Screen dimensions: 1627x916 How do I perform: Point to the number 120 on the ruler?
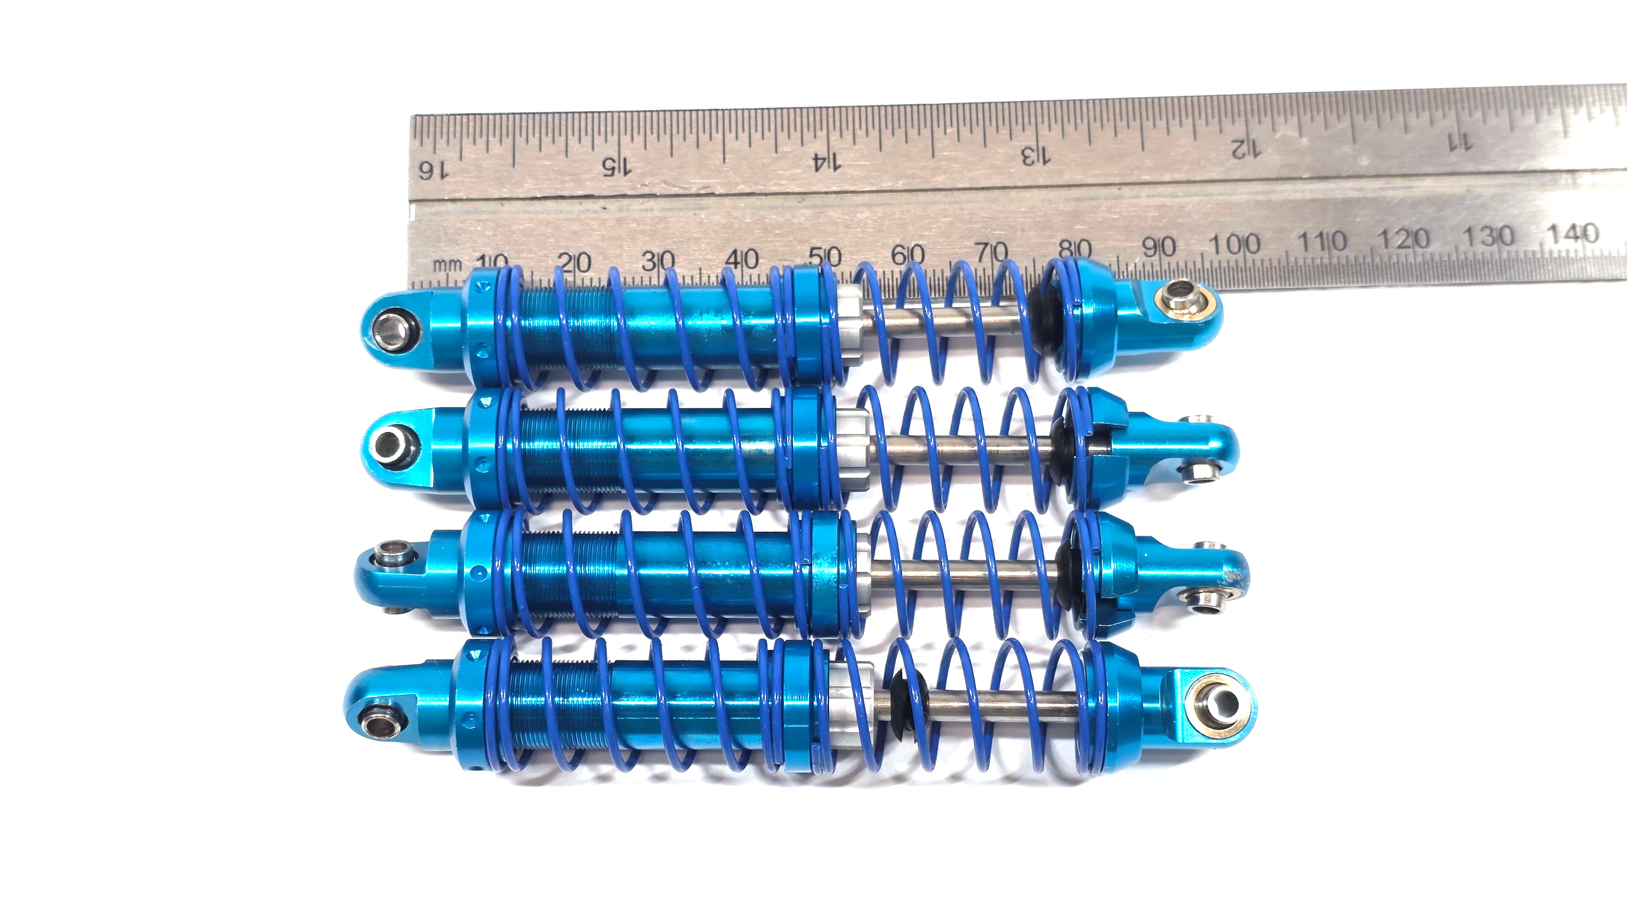1403,239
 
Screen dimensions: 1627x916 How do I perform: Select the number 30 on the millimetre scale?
658,260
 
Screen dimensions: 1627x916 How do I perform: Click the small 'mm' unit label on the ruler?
447,265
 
